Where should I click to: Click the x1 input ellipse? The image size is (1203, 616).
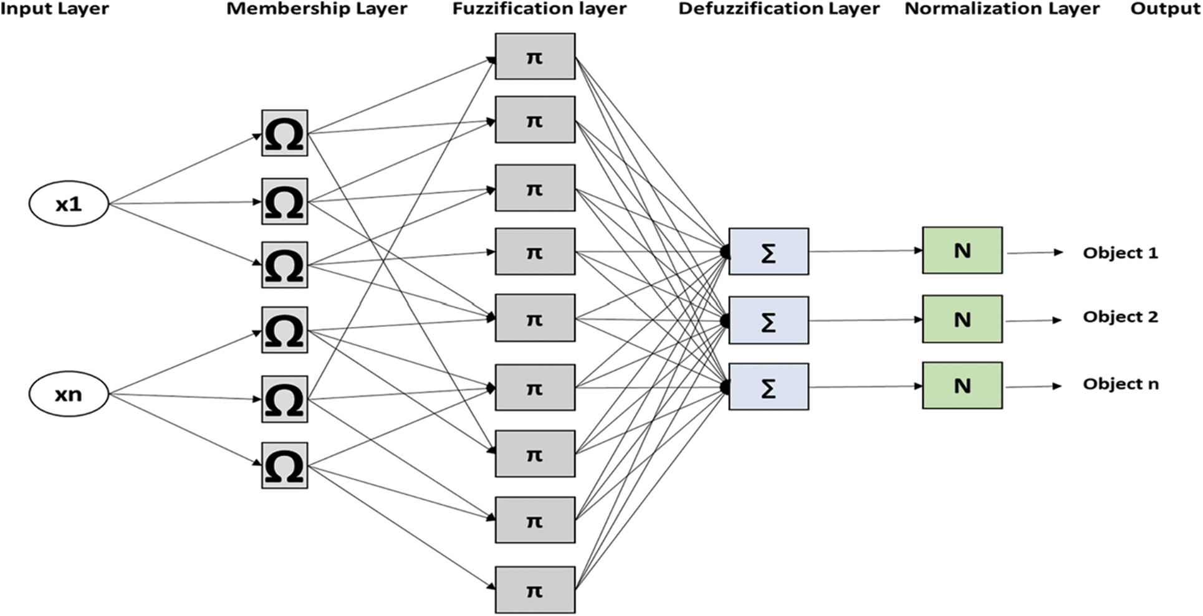pyautogui.click(x=69, y=204)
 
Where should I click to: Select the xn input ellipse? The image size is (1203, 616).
pyautogui.click(x=69, y=394)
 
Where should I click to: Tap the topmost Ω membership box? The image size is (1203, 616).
pyautogui.click(x=284, y=133)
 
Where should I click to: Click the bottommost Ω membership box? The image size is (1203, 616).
pyautogui.click(x=284, y=465)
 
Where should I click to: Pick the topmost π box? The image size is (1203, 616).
pyautogui.click(x=535, y=57)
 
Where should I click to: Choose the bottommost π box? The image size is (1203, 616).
pyautogui.click(x=535, y=590)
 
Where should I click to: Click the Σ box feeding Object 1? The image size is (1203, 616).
pyautogui.click(x=769, y=252)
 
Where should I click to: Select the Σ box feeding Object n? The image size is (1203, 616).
pyautogui.click(x=769, y=387)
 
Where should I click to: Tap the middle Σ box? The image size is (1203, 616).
pyautogui.click(x=769, y=320)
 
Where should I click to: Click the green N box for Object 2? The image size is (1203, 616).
pyautogui.click(x=962, y=319)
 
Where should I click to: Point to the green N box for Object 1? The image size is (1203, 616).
pyautogui.click(x=962, y=250)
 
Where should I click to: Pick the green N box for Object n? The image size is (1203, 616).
pyautogui.click(x=962, y=386)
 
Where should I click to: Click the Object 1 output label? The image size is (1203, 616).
pyautogui.click(x=1120, y=253)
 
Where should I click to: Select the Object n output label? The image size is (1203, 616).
pyautogui.click(x=1120, y=384)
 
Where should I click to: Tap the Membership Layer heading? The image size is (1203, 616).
pyautogui.click(x=317, y=9)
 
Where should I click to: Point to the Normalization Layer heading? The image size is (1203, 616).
pyautogui.click(x=1002, y=9)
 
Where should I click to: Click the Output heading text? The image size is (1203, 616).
pyautogui.click(x=1164, y=9)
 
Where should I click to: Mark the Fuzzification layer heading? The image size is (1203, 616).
pyautogui.click(x=539, y=9)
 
